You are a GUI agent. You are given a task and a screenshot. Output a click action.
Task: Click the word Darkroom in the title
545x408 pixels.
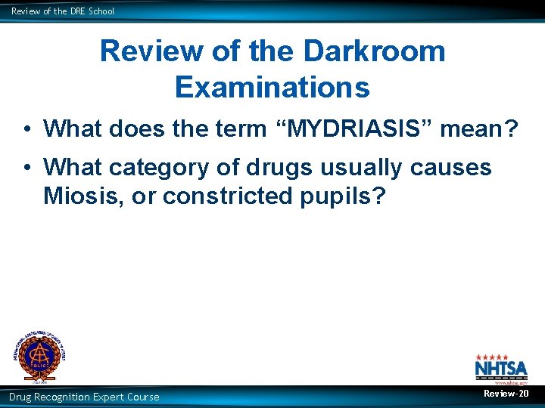tap(374, 51)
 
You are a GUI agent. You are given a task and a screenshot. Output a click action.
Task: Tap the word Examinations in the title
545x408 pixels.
tap(272, 88)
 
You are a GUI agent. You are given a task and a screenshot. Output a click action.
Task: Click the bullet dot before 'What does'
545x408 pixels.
tap(26, 129)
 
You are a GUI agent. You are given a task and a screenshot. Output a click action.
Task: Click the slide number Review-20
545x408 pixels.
tap(506, 394)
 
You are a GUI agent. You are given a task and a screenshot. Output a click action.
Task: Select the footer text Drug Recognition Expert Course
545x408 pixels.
tap(84, 397)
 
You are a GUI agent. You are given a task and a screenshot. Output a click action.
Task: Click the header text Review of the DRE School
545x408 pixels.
tap(63, 11)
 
